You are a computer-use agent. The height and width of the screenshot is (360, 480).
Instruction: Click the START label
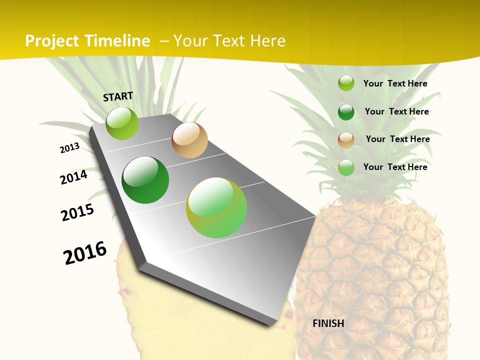click(118, 96)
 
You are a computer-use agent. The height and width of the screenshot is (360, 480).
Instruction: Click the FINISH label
click(328, 323)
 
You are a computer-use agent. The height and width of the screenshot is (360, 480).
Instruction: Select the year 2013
click(69, 148)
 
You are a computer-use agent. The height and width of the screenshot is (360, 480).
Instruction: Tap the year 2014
click(73, 177)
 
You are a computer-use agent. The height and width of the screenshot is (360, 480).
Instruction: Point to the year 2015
click(77, 212)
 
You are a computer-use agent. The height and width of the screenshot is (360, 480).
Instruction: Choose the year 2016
click(85, 252)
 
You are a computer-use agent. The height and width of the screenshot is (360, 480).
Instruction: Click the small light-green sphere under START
click(122, 123)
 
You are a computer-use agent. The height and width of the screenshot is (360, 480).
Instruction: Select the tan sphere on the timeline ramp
click(189, 140)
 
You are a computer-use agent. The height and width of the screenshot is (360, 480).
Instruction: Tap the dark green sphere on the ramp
click(145, 180)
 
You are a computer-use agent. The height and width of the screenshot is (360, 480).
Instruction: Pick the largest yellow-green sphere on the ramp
click(216, 207)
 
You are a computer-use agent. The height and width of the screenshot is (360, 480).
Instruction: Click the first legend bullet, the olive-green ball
click(346, 83)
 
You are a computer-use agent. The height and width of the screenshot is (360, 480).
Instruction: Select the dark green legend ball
click(346, 112)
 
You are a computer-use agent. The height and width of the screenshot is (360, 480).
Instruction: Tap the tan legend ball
click(346, 140)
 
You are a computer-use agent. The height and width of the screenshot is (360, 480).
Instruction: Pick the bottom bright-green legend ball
click(346, 167)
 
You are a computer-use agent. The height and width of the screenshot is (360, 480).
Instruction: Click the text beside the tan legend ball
click(397, 139)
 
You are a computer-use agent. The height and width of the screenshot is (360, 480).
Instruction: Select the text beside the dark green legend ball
click(396, 111)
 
